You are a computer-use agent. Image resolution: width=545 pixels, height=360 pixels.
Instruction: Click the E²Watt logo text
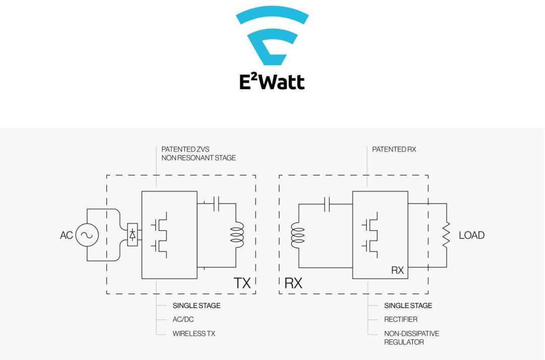click(x=272, y=82)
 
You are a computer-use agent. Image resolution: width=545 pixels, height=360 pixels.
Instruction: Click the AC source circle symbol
click(x=87, y=235)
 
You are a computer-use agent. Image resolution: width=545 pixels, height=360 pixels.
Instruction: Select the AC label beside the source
click(x=67, y=235)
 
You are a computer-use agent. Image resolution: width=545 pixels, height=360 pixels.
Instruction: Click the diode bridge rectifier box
click(x=132, y=234)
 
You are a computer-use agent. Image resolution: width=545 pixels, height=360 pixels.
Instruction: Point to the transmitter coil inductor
click(x=237, y=234)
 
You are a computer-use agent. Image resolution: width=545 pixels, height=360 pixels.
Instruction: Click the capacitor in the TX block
click(x=216, y=204)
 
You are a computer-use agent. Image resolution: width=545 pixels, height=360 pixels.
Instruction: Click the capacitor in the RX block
click(x=326, y=204)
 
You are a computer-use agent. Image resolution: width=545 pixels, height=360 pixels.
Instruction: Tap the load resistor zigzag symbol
click(x=446, y=235)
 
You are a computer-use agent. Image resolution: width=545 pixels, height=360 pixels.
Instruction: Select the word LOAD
click(x=472, y=235)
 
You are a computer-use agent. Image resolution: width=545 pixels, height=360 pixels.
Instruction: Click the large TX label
click(x=242, y=283)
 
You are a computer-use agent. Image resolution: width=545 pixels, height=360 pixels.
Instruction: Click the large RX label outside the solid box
click(x=293, y=283)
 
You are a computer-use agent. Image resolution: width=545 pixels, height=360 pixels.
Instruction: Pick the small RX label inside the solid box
click(x=397, y=270)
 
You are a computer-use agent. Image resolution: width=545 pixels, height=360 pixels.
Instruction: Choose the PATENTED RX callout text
click(x=394, y=149)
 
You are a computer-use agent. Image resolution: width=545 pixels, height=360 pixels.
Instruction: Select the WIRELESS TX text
click(x=194, y=334)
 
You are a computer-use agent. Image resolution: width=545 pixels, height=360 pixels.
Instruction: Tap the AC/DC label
click(x=183, y=319)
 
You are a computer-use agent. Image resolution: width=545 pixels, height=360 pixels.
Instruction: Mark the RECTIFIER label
click(x=401, y=319)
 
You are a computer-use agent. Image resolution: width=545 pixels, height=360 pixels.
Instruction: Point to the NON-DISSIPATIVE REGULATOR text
click(x=412, y=338)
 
